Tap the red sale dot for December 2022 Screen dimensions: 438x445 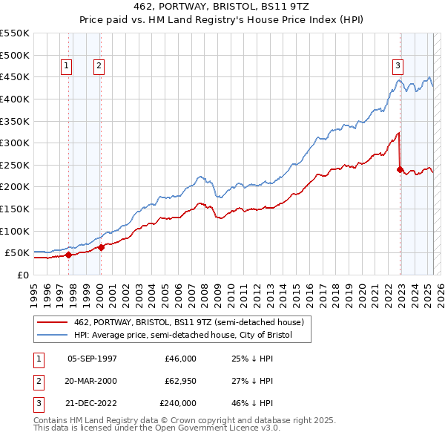click(x=400, y=169)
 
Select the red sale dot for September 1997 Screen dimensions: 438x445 click(x=68, y=255)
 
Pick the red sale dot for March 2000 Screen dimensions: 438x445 click(x=101, y=247)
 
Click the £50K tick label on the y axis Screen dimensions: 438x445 click(x=18, y=252)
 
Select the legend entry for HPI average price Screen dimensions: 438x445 click(x=183, y=336)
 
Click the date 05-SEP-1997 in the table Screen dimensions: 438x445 click(x=92, y=359)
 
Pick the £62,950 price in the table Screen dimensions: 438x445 click(x=181, y=381)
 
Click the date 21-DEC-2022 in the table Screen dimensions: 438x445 click(x=92, y=403)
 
